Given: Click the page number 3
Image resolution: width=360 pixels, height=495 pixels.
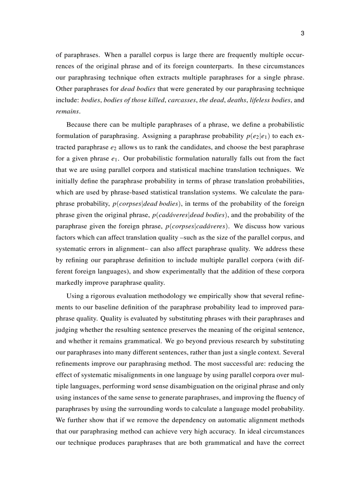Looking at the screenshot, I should tap(303, 33).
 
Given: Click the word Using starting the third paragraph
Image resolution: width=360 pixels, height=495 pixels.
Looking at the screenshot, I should tap(75, 295).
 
